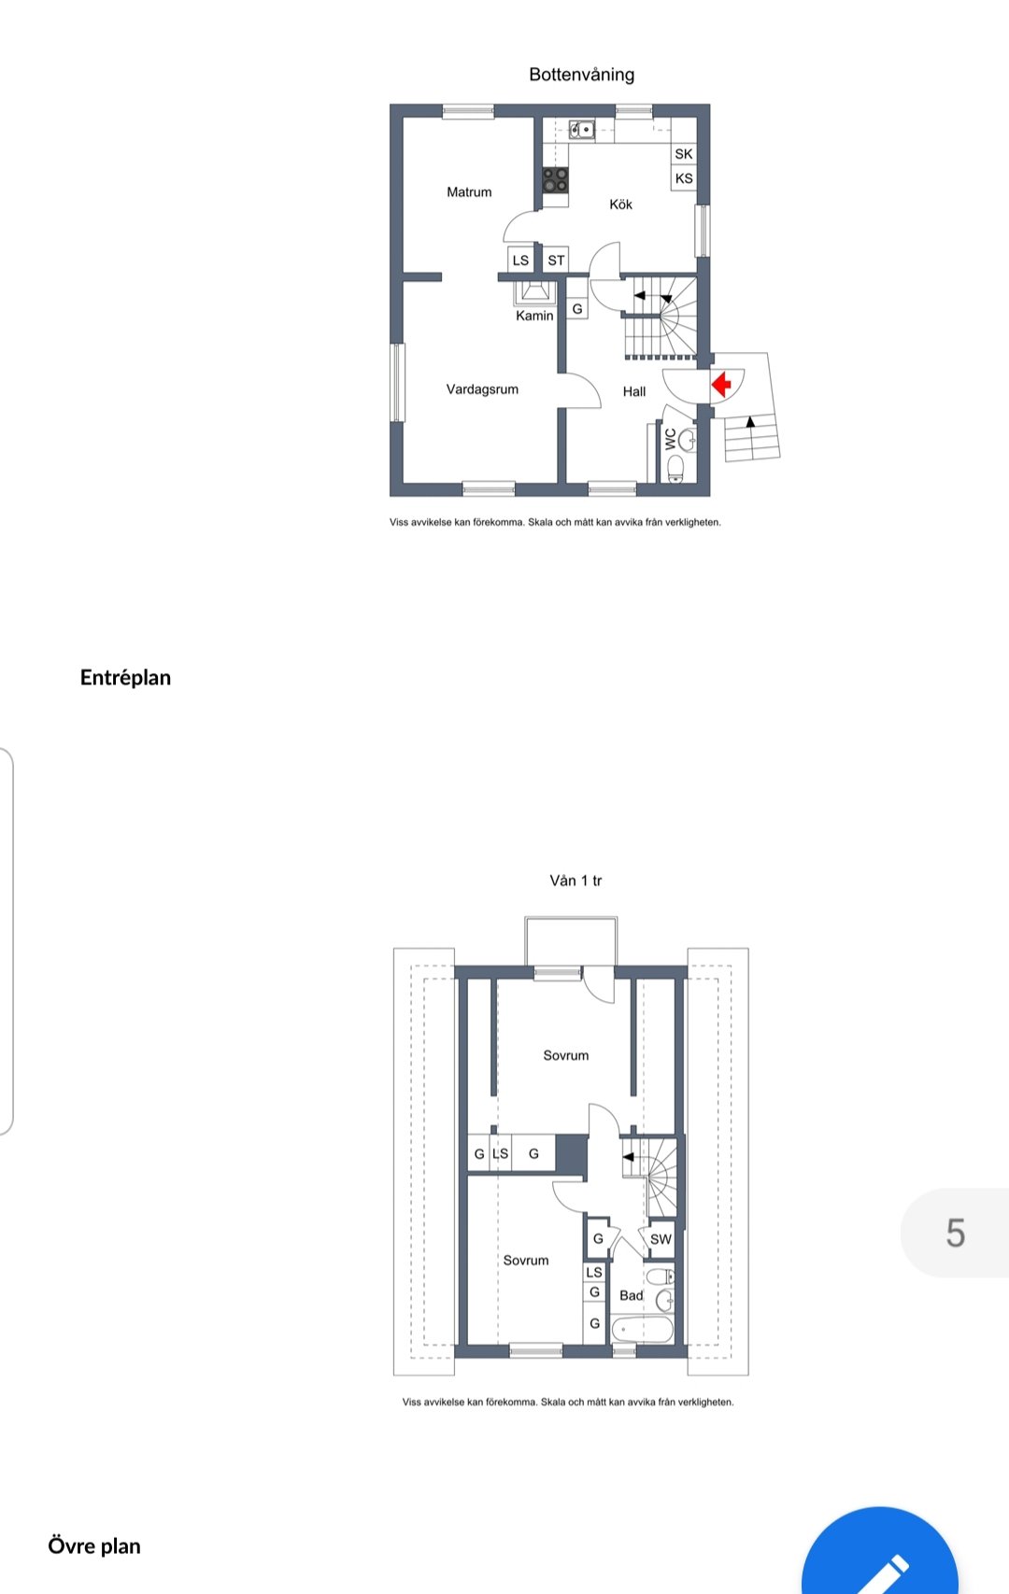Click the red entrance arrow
coord(721,384)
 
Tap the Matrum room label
coord(469,192)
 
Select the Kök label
coord(620,205)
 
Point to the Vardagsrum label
coord(482,389)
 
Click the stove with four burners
coord(555,179)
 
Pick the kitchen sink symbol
coord(582,130)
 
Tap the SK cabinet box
coord(684,154)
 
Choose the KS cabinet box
coord(684,178)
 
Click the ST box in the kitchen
coord(555,260)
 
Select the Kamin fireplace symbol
coord(534,292)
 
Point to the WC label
coord(669,439)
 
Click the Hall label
coord(633,391)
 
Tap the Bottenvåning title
coord(582,75)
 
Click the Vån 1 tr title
coord(576,881)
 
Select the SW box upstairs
coord(661,1239)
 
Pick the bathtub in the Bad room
coord(642,1329)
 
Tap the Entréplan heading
coord(125,677)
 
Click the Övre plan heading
coord(94,1545)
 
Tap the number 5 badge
coord(955,1233)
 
